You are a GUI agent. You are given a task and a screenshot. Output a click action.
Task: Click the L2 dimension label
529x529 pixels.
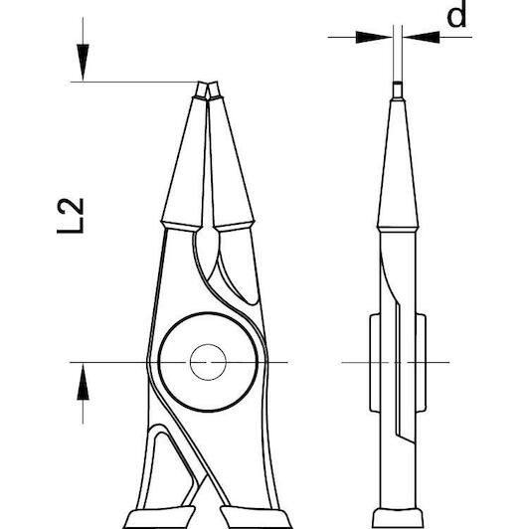pos(71,216)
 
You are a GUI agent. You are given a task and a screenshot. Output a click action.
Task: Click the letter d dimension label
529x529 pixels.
pos(456,14)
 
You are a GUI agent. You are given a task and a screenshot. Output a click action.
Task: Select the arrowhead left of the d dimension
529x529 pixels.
pos(374,37)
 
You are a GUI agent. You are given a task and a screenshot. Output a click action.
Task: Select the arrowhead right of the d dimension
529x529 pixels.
pos(421,37)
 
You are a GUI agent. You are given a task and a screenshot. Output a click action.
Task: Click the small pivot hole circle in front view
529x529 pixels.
pos(208,362)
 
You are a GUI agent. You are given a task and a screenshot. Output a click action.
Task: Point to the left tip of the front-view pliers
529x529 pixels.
pos(201,90)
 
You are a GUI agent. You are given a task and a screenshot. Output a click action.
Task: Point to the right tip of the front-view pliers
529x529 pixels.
pos(214,90)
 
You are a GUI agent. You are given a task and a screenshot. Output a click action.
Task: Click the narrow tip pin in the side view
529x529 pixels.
pos(398,90)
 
